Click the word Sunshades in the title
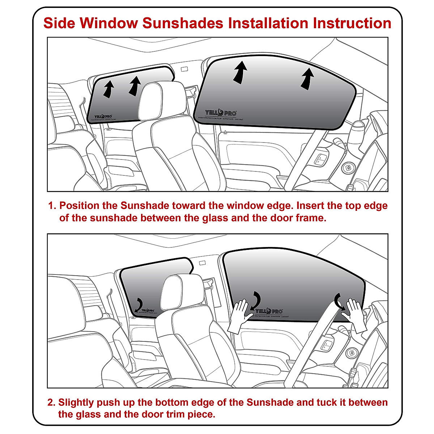(183, 23)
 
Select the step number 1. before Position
(53, 206)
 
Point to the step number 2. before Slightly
(52, 402)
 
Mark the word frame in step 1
(310, 218)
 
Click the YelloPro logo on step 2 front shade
(269, 311)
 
